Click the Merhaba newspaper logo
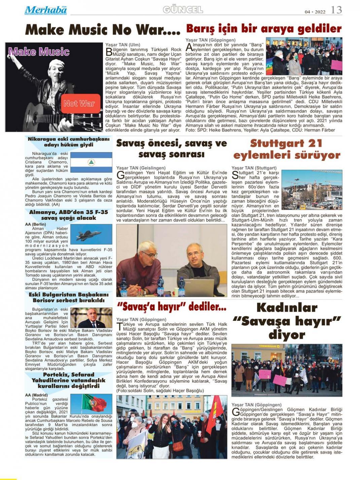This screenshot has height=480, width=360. coord(45,10)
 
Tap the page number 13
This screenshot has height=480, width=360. coord(336,10)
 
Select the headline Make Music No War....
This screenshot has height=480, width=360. coord(103,30)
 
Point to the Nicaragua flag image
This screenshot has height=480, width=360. coord(91,162)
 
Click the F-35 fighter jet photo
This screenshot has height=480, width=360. coord(91,234)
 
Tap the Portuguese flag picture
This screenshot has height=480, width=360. coord(91,404)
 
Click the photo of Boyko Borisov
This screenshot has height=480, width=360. coord(91,317)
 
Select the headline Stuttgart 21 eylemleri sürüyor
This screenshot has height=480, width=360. coord(287,149)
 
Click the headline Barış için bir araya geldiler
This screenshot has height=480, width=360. coord(264,28)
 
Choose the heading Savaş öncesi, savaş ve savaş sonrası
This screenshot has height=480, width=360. coord(171,148)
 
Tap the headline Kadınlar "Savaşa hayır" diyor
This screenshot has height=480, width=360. coord(287,321)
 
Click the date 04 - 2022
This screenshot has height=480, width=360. coord(315,12)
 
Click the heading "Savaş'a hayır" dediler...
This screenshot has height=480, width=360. coord(171,307)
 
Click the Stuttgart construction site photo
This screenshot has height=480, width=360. coord(312,190)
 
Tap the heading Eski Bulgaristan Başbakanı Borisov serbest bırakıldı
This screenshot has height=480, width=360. coord(69,297)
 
